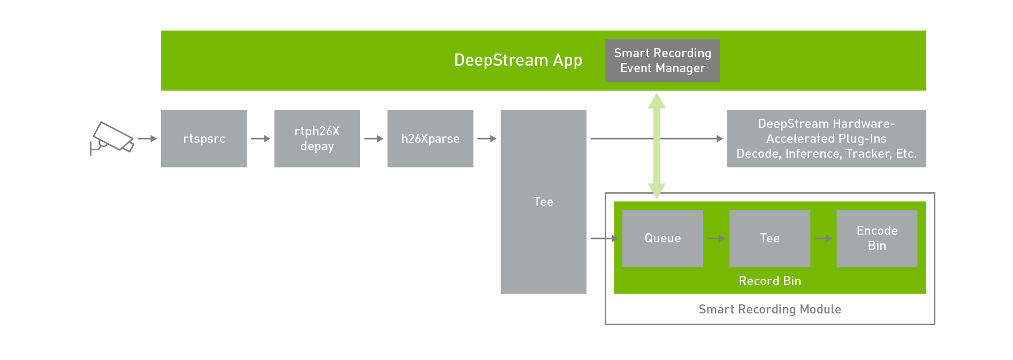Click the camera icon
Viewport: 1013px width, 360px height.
[112, 138]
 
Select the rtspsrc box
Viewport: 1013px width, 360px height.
[204, 139]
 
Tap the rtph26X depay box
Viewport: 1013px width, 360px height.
[317, 139]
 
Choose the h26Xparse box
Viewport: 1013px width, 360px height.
[430, 139]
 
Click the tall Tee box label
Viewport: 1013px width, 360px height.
[543, 202]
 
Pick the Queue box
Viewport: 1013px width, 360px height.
[662, 238]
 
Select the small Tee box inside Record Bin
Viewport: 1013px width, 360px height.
[770, 238]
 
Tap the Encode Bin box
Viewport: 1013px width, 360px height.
[877, 238]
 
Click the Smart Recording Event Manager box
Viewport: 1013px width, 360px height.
[662, 60]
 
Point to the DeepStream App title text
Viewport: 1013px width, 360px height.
[517, 60]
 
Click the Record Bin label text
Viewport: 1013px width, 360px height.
[770, 281]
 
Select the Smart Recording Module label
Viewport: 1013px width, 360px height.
[770, 309]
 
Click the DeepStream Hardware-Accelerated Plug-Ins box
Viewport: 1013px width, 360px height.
[826, 139]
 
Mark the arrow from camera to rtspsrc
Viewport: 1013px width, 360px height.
[147, 139]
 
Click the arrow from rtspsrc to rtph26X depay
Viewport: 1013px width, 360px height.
[261, 139]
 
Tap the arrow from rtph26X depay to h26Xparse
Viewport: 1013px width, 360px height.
[374, 139]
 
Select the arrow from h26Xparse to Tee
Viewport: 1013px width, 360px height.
[487, 139]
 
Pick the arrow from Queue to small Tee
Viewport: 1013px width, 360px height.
[716, 239]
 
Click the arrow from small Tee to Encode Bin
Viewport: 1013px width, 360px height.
[823, 239]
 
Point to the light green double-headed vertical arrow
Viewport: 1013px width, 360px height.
[657, 145]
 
